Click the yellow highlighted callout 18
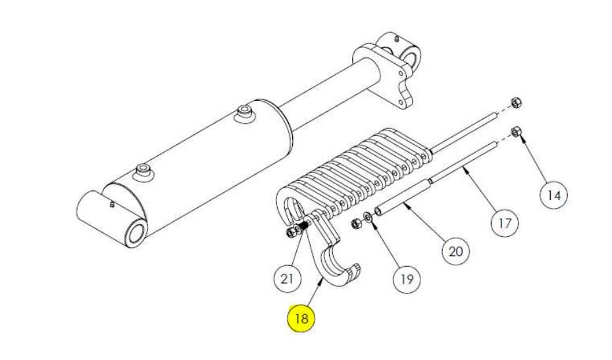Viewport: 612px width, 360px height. [x=301, y=319]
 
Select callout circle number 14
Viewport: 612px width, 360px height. [x=554, y=195]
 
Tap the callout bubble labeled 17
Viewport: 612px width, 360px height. [x=504, y=223]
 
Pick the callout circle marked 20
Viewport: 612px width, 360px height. [x=455, y=251]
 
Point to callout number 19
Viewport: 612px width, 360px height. [x=407, y=279]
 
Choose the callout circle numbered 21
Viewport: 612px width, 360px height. [x=287, y=279]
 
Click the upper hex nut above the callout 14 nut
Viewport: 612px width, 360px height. [x=517, y=103]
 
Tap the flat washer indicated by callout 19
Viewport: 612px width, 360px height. [x=368, y=217]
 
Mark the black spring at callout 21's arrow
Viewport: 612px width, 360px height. [x=304, y=225]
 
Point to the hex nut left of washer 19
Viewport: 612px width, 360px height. [x=356, y=224]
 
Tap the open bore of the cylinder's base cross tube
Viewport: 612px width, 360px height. [x=137, y=234]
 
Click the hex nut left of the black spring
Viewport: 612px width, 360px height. [x=291, y=233]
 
